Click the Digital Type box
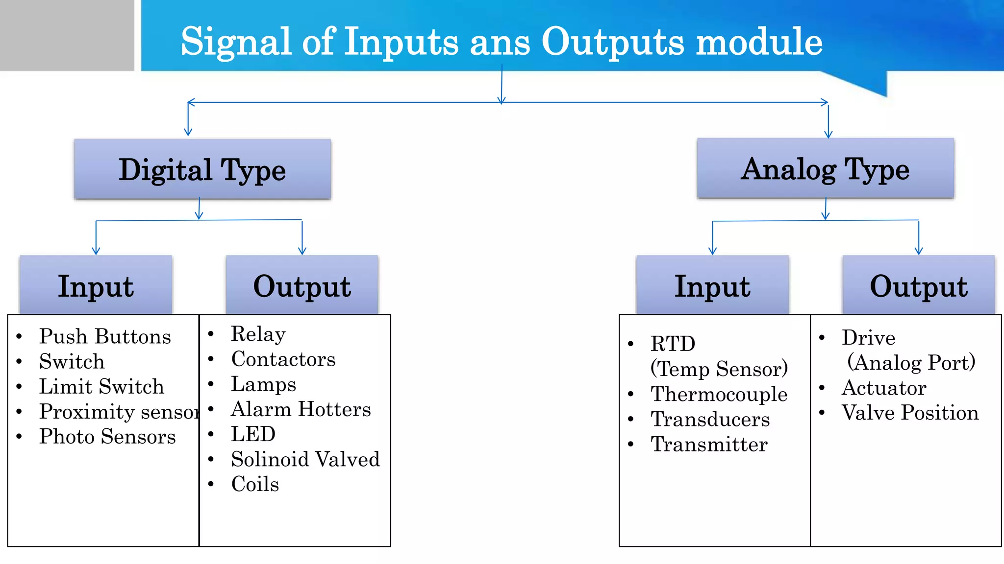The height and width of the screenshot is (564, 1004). click(x=202, y=169)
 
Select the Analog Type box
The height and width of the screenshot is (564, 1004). click(x=825, y=169)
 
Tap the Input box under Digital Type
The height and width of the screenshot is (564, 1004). click(x=96, y=285)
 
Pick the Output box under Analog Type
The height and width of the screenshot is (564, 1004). click(x=918, y=285)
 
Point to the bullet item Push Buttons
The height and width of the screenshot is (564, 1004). click(x=105, y=336)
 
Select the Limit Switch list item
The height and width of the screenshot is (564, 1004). click(x=101, y=387)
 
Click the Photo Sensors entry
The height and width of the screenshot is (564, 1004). click(x=107, y=437)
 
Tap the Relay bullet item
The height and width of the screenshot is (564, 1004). click(x=258, y=334)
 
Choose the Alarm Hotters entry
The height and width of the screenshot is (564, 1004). click(x=301, y=409)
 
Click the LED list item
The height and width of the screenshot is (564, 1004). click(x=253, y=434)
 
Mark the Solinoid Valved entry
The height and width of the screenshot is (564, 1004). click(x=305, y=459)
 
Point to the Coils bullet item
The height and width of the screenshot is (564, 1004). click(x=255, y=484)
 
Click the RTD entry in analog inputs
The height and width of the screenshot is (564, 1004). click(x=673, y=344)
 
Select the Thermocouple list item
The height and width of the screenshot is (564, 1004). click(x=719, y=394)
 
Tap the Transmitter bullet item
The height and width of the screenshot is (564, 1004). click(x=709, y=445)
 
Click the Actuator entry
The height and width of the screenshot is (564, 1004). click(x=884, y=388)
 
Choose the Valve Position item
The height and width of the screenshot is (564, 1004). click(x=910, y=413)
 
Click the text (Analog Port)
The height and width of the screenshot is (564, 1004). click(x=911, y=363)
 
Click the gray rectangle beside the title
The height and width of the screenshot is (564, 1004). click(x=67, y=35)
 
